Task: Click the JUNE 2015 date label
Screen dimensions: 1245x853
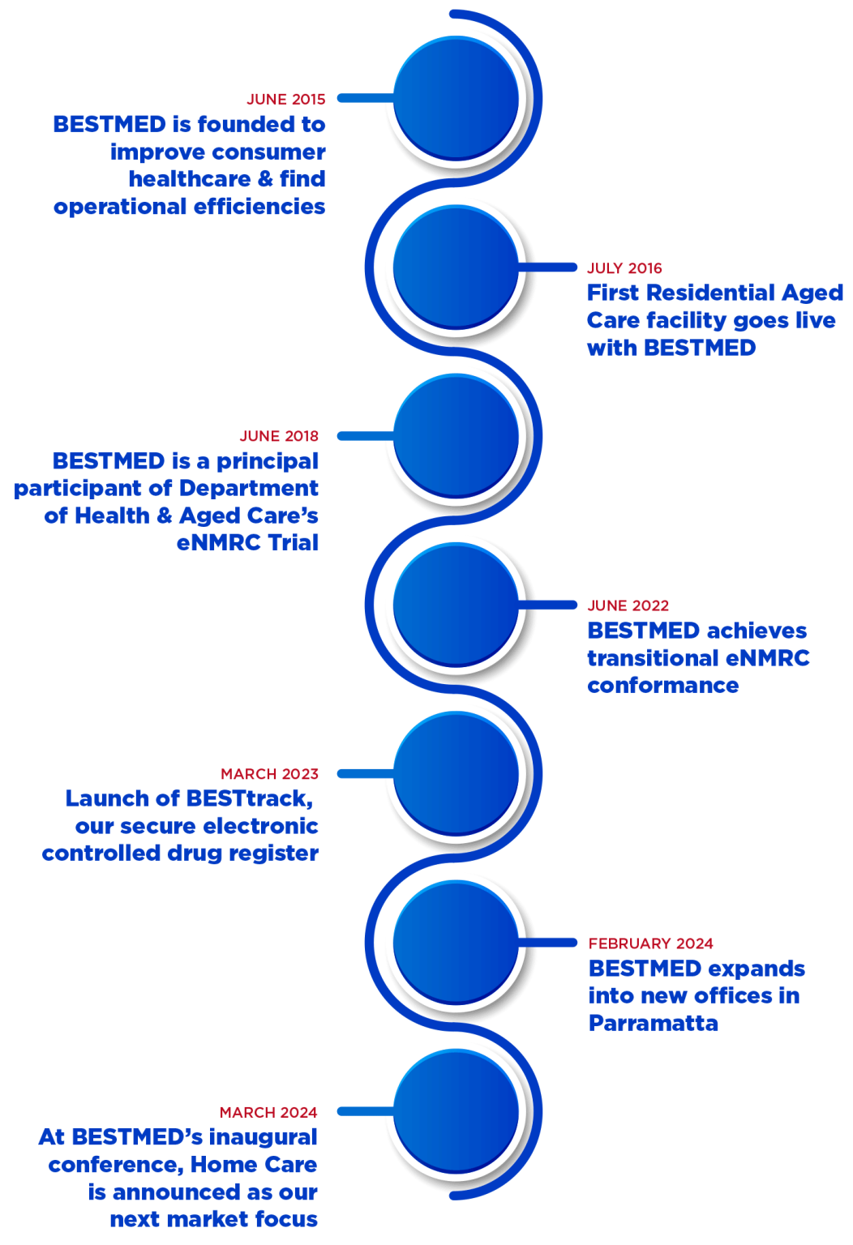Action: click(x=285, y=99)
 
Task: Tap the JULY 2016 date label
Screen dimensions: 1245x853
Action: click(x=624, y=268)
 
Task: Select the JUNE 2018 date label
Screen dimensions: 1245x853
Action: click(x=279, y=436)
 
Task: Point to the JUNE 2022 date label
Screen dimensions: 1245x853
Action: click(x=628, y=605)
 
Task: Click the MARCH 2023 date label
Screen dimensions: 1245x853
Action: click(x=269, y=774)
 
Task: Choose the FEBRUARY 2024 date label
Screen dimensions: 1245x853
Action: click(x=651, y=943)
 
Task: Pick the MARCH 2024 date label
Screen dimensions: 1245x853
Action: click(x=268, y=1112)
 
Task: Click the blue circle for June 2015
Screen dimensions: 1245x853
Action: click(x=457, y=98)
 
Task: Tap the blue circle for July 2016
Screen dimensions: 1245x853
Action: click(x=457, y=267)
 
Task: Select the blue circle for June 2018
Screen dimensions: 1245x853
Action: click(x=457, y=436)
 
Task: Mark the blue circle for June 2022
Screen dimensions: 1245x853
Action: click(x=457, y=605)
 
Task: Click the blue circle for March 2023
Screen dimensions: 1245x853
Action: click(x=457, y=774)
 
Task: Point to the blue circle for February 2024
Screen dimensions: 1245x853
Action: click(x=457, y=943)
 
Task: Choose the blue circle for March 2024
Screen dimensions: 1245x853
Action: click(x=457, y=1112)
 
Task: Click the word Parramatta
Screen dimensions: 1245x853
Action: click(x=654, y=1022)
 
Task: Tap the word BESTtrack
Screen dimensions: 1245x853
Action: click(x=248, y=798)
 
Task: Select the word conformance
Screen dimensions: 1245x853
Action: click(x=662, y=686)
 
